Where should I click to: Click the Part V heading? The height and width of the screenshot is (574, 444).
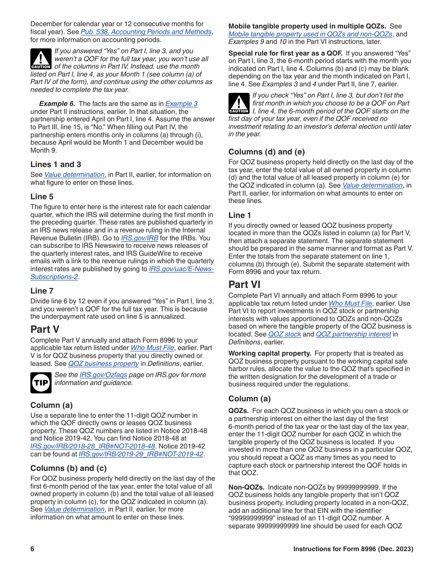pyautogui.click(x=45, y=329)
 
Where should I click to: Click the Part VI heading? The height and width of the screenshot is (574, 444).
pyautogui.click(x=244, y=284)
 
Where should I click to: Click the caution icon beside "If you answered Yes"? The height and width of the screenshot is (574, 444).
pyautogui.click(x=41, y=59)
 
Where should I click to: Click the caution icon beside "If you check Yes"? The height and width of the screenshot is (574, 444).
pyautogui.click(x=239, y=103)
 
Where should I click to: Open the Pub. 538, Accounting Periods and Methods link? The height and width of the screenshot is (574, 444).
pyautogui.click(x=146, y=32)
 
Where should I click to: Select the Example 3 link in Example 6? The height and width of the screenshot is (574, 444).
pyautogui.click(x=181, y=104)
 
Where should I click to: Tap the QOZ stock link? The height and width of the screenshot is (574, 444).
pyautogui.click(x=285, y=334)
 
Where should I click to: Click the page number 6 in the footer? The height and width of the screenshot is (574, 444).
pyautogui.click(x=33, y=549)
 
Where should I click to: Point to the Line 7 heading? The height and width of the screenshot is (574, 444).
pyautogui.click(x=42, y=291)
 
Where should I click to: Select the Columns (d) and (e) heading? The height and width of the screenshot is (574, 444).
pyautogui.click(x=266, y=152)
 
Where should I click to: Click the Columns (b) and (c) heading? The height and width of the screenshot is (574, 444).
pyautogui.click(x=68, y=468)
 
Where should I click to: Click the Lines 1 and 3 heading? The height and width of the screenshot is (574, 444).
pyautogui.click(x=56, y=164)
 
